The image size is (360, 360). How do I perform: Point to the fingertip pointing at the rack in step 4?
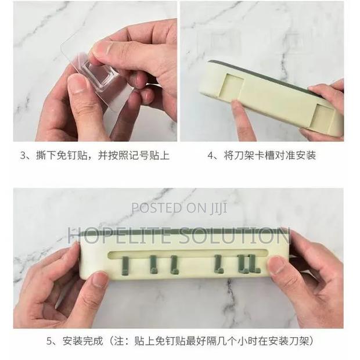(x=237, y=106)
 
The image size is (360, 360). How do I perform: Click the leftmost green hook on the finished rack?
(x=125, y=265)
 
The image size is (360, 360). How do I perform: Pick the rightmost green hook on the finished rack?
(x=254, y=264)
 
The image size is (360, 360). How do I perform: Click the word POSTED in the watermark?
(x=157, y=207)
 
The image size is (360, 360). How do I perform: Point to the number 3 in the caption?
(x=23, y=156)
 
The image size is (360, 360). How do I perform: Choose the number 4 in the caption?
(x=211, y=156)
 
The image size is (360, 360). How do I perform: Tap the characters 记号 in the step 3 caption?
(x=139, y=156)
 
